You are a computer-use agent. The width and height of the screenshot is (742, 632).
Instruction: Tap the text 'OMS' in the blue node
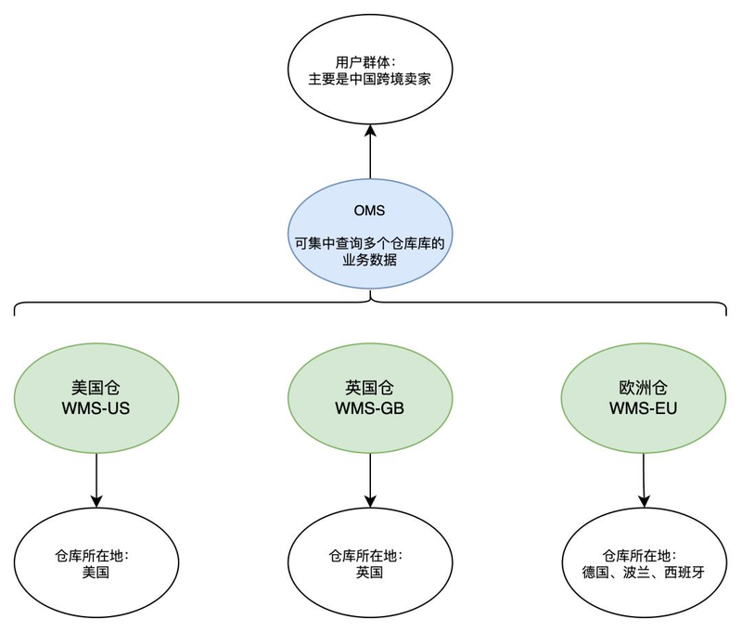tap(370, 210)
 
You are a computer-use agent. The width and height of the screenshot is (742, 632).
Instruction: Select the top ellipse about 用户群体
tap(370, 73)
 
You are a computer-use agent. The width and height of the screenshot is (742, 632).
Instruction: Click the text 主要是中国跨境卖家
tap(370, 81)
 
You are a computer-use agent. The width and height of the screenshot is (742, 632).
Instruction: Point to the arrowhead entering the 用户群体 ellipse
tap(370, 135)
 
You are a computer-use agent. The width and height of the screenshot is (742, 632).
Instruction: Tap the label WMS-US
tap(96, 408)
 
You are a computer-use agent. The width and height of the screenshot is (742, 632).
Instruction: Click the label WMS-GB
tap(370, 408)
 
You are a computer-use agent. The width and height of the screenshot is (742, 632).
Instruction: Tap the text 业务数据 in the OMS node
tap(370, 261)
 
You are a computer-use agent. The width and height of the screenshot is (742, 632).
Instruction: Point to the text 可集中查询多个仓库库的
tap(370, 244)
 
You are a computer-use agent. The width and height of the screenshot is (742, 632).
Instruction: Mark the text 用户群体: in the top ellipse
tap(370, 63)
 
